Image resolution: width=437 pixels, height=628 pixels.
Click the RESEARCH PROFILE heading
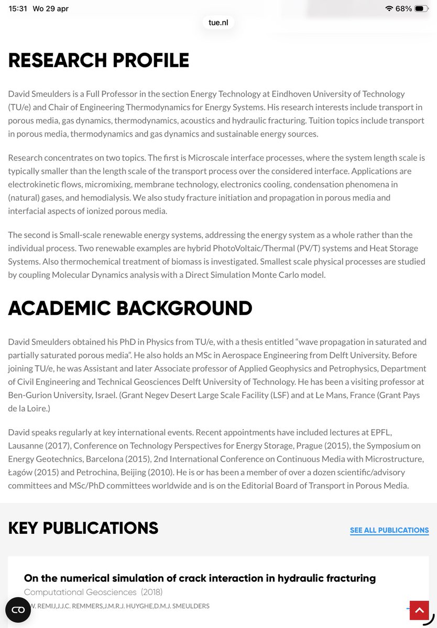99,61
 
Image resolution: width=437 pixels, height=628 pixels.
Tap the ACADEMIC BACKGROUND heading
130,308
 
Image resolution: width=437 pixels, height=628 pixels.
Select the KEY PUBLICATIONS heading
83,528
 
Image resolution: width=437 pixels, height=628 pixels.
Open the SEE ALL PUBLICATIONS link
389,530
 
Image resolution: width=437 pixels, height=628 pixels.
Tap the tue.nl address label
218,23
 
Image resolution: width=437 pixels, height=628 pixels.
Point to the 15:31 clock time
18,8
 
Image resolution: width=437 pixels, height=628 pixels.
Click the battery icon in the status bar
421,8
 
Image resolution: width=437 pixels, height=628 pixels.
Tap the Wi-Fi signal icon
389,8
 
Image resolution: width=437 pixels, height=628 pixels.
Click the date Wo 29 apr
50,8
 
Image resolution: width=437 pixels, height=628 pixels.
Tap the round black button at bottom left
18,610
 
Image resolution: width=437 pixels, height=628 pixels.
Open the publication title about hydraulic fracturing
200,578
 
